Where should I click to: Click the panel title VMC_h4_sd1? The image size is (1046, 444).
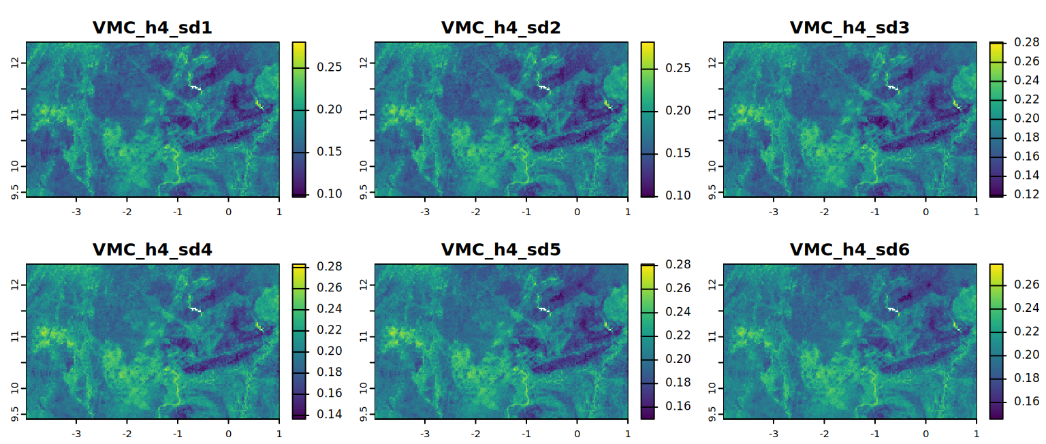(x=152, y=28)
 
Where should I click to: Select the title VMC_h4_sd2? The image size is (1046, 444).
(x=501, y=28)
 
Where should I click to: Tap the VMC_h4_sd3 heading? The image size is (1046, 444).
(x=849, y=28)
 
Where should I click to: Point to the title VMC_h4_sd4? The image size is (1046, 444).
(x=152, y=250)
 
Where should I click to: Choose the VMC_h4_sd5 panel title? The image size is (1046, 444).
(x=501, y=250)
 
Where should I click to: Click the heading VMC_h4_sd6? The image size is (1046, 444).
(x=849, y=250)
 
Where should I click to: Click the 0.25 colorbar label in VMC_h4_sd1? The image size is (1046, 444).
(x=330, y=67)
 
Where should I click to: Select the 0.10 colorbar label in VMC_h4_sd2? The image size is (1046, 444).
(x=678, y=195)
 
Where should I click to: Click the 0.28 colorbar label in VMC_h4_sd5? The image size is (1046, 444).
(x=678, y=264)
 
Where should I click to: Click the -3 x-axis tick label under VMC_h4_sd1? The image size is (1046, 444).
(x=76, y=211)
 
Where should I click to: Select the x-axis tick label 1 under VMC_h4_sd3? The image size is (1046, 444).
(x=977, y=211)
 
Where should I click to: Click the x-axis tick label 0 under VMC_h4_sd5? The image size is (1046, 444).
(x=577, y=433)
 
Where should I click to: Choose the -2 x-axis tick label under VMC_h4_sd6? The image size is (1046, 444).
(x=824, y=433)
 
